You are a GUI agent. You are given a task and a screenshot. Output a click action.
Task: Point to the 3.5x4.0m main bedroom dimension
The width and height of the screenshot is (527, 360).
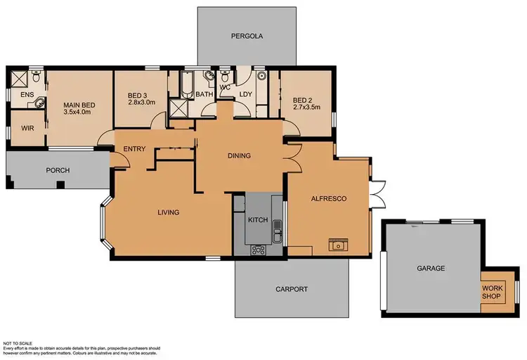(x=77, y=111)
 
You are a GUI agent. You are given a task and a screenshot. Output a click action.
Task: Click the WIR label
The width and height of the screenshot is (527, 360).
(x=28, y=129)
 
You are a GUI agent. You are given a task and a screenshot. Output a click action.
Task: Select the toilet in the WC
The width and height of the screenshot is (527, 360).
(x=226, y=76)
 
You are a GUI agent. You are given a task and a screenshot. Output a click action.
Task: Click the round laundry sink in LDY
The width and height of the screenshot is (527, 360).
(x=260, y=75)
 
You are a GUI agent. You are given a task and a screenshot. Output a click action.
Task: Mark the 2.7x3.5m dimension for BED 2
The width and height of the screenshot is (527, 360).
(x=306, y=108)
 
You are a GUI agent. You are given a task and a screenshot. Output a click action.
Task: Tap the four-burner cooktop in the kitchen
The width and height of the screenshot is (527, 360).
(x=258, y=249)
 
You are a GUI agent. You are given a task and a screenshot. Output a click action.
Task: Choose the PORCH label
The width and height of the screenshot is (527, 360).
(x=58, y=170)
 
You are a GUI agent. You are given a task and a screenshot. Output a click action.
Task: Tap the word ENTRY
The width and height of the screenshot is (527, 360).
(x=134, y=148)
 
